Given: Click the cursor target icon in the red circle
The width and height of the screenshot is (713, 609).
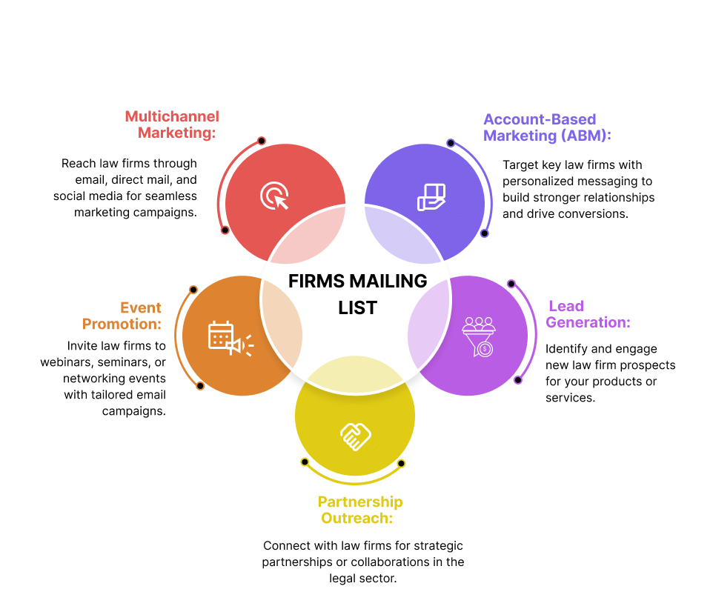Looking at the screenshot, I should [274, 196].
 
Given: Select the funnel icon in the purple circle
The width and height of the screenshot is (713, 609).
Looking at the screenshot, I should [479, 336].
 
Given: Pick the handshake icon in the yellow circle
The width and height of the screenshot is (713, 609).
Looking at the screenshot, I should [355, 436].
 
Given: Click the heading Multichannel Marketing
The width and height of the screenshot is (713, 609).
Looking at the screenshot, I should [172, 124].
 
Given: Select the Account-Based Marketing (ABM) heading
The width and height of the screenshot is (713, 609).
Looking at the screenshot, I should [547, 127].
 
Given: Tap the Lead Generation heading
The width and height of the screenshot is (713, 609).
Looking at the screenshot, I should [588, 314].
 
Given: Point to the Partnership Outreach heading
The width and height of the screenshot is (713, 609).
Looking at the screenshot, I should [360, 510].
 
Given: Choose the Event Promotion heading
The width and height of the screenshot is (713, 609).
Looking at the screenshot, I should [122, 316].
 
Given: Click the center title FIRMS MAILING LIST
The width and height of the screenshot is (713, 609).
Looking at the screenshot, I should [357, 294].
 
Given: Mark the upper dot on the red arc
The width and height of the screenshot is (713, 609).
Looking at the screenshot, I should [262, 141].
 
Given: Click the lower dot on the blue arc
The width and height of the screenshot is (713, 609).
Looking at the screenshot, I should [485, 233].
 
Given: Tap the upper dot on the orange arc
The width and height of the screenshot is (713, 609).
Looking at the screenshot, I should [193, 290].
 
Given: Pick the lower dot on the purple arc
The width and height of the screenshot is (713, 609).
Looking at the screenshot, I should [517, 380].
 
